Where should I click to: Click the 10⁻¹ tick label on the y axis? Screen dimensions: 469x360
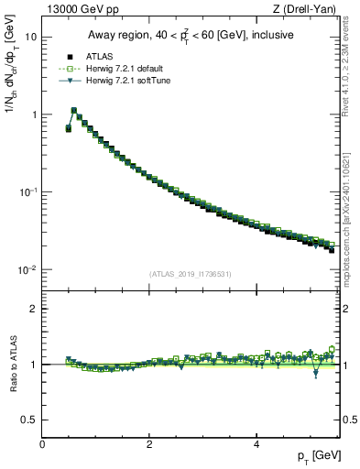pos(30,191)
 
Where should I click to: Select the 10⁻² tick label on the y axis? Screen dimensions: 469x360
pos(30,269)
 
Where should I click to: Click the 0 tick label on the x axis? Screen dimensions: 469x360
pos(42,444)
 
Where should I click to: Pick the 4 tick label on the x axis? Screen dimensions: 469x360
pos(256,444)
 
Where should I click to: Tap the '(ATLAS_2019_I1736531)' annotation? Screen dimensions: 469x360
pos(191,274)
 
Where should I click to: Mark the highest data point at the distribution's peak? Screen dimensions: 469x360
pos(73,111)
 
